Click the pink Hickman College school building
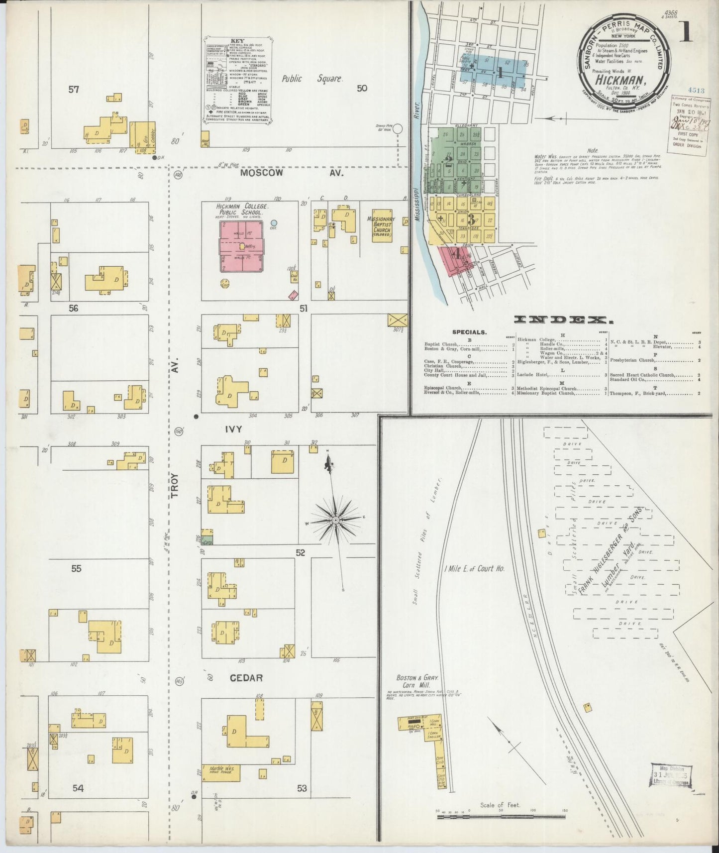click(242, 246)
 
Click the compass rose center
click(336, 520)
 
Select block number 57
click(74, 90)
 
